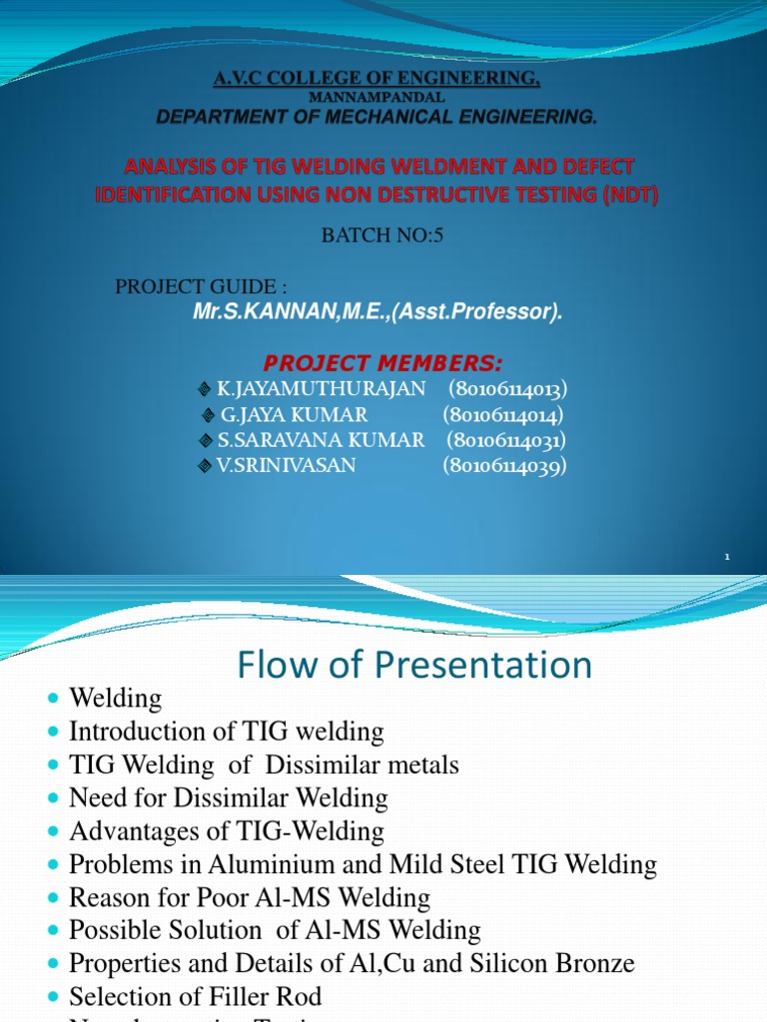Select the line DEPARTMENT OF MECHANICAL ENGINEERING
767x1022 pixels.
point(377,118)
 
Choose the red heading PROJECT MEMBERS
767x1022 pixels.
point(383,361)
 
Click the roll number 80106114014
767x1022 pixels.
point(503,414)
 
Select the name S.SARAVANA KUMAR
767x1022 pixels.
point(321,440)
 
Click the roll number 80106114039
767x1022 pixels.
point(504,465)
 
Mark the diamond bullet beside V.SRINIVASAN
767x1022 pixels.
point(205,466)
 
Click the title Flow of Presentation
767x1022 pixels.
point(414,665)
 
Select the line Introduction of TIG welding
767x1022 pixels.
point(226,732)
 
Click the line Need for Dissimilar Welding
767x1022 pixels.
point(228,798)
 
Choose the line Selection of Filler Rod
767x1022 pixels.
point(195,997)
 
